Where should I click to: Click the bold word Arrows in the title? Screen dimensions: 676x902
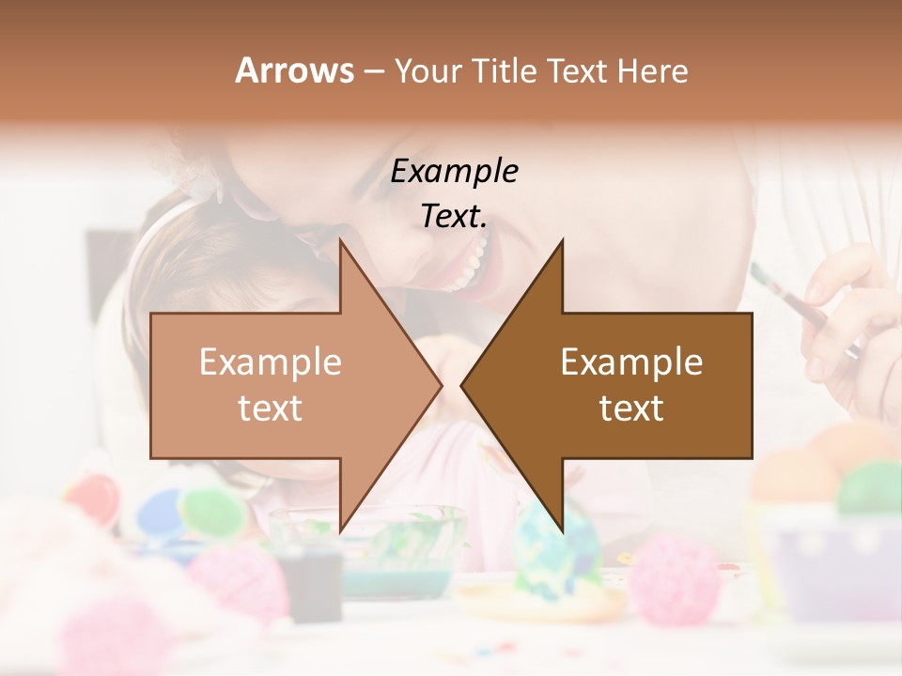[294, 70]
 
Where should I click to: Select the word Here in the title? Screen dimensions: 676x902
[652, 71]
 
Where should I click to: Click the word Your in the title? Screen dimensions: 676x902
[428, 71]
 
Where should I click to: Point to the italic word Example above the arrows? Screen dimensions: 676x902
[455, 171]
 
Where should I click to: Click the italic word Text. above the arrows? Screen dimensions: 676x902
[455, 217]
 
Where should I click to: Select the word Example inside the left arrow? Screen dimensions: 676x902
[271, 362]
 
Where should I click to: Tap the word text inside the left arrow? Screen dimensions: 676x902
[271, 408]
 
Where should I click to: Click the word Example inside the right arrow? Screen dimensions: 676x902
[631, 362]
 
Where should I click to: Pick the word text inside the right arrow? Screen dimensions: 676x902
[631, 408]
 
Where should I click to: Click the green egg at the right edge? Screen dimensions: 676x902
[869, 488]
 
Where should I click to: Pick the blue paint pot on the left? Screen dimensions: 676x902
[160, 512]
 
